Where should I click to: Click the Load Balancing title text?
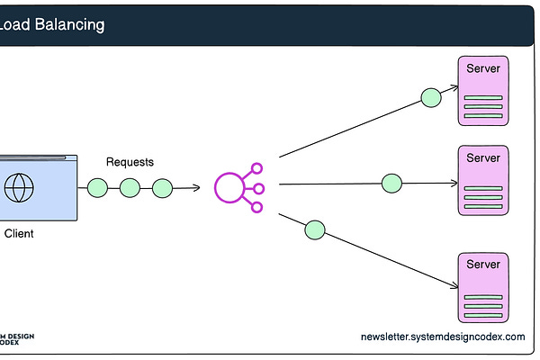pyautogui.click(x=52, y=24)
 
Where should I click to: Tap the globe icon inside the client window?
pyautogui.click(x=18, y=188)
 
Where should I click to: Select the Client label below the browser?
pyautogui.click(x=19, y=234)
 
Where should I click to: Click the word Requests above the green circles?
pyautogui.click(x=130, y=162)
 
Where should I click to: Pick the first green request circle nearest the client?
pyautogui.click(x=97, y=188)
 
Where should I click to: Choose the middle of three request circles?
pyautogui.click(x=130, y=188)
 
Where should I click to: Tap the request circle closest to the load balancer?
pyautogui.click(x=162, y=188)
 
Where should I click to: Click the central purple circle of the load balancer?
pyautogui.click(x=230, y=187)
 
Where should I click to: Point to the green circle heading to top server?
pyautogui.click(x=431, y=96)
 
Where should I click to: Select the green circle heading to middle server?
pyautogui.click(x=391, y=184)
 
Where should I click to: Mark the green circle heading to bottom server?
pyautogui.click(x=314, y=229)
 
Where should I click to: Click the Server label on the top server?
pyautogui.click(x=483, y=69)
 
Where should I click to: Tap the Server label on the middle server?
pyautogui.click(x=483, y=158)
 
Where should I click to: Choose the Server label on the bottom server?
pyautogui.click(x=483, y=265)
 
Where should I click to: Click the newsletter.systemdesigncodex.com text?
pyautogui.click(x=442, y=337)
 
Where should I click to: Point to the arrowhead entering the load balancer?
pyautogui.click(x=196, y=188)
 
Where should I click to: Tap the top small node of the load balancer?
pyautogui.click(x=256, y=167)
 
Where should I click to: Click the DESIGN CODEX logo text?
pyautogui.click(x=17, y=338)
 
